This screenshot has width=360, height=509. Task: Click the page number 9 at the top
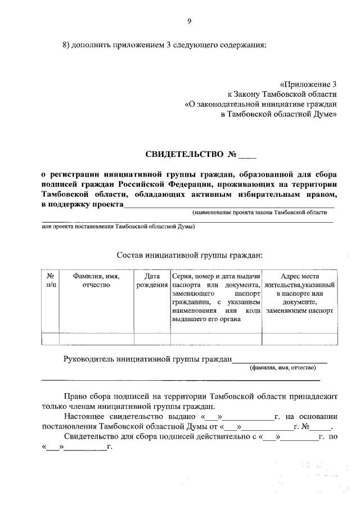[x=189, y=21]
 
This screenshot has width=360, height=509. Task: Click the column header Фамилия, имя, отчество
[x=96, y=280]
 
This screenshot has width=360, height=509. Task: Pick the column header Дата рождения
[x=152, y=280]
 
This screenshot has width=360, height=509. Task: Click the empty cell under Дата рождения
[x=152, y=338]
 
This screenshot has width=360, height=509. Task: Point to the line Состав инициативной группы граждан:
[x=190, y=255]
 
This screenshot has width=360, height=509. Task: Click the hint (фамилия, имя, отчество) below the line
[x=283, y=368]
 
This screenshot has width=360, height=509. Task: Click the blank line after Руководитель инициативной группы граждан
[x=280, y=361]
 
